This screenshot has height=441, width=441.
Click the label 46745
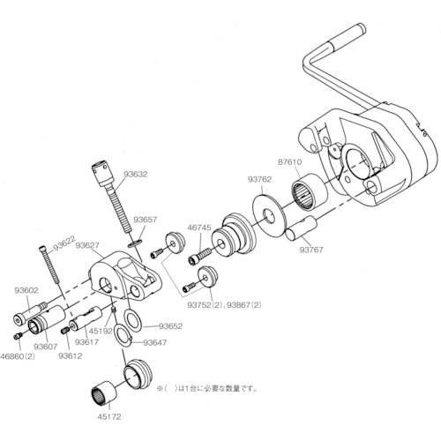(199, 228)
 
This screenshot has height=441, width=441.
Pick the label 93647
(154, 342)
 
